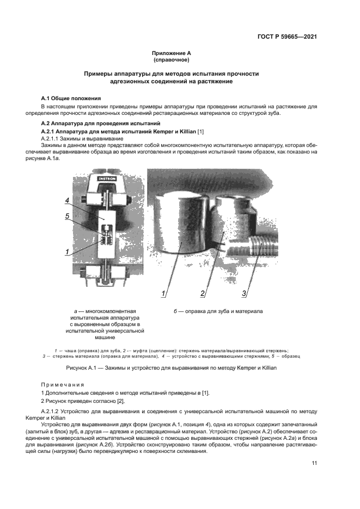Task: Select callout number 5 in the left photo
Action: (67, 216)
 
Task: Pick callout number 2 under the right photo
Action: (202, 294)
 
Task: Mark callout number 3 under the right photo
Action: (245, 294)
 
